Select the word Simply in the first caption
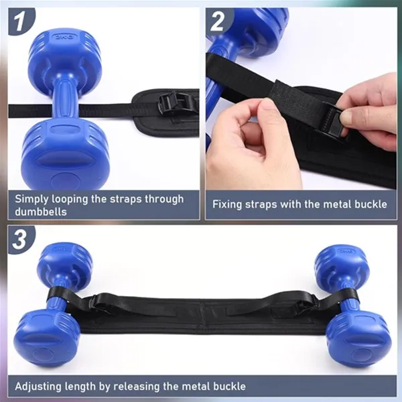(x=31, y=198)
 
